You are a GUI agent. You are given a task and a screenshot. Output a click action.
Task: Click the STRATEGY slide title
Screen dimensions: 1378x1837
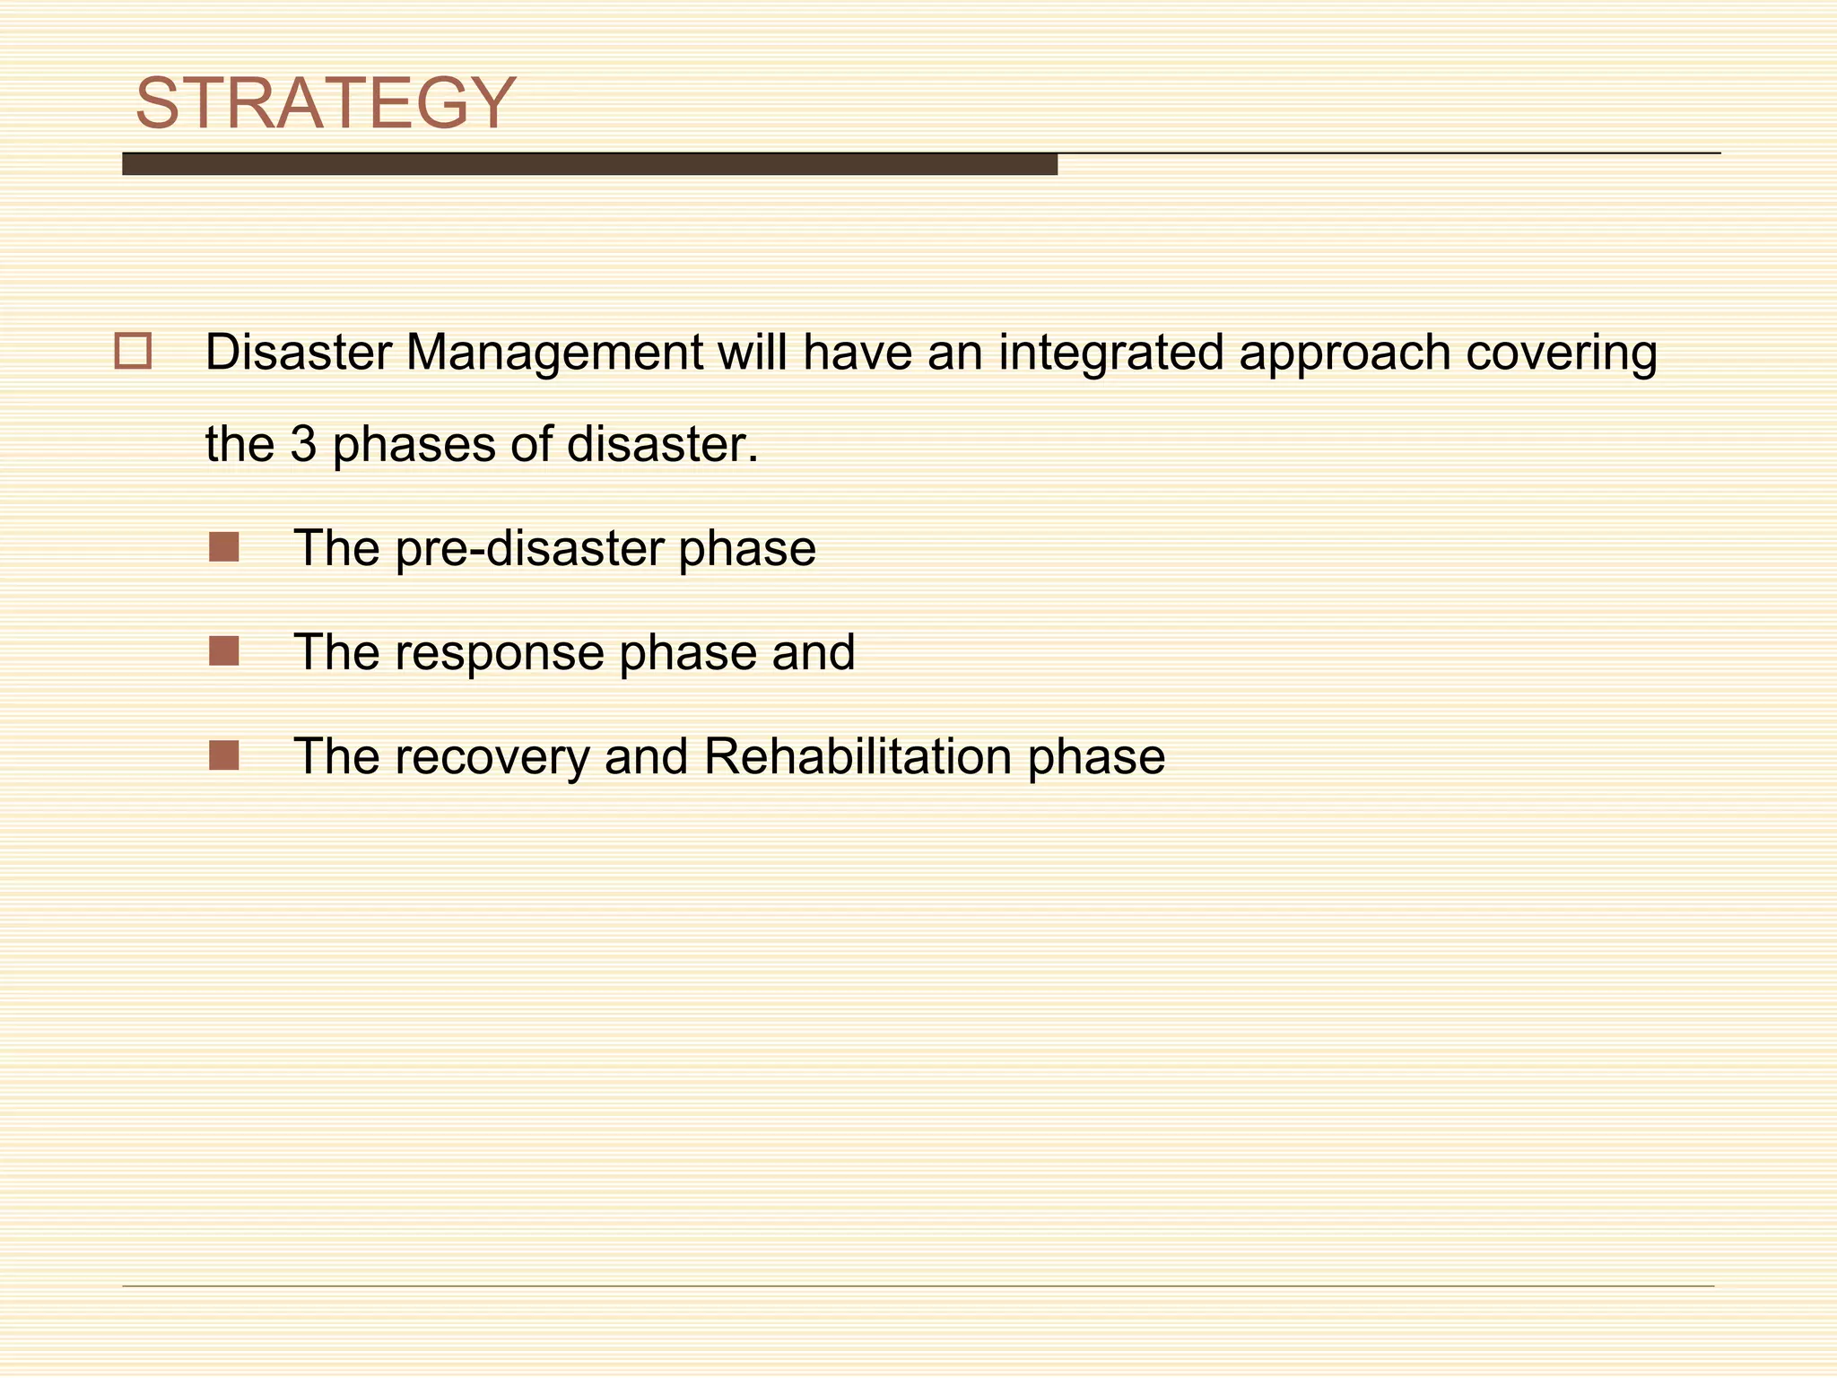click(325, 103)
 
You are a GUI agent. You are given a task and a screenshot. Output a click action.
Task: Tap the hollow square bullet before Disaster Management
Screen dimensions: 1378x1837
click(134, 351)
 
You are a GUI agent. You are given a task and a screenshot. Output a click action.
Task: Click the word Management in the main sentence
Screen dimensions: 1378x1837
click(553, 353)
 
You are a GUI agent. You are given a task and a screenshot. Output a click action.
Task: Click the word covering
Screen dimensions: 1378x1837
click(1561, 353)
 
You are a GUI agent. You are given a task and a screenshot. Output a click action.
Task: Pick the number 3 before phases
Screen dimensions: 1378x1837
click(303, 444)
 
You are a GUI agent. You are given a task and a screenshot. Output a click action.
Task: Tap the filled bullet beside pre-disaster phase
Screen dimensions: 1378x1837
click(224, 547)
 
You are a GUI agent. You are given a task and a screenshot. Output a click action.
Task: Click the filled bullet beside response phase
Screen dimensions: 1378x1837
click(224, 651)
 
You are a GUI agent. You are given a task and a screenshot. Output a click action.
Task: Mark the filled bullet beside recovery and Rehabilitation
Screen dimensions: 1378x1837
click(224, 755)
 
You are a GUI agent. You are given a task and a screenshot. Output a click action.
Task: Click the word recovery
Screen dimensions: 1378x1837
click(492, 757)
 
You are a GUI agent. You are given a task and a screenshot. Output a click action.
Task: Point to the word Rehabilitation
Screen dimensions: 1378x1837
click(858, 756)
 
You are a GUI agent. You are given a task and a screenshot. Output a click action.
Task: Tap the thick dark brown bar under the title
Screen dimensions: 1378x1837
click(589, 164)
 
